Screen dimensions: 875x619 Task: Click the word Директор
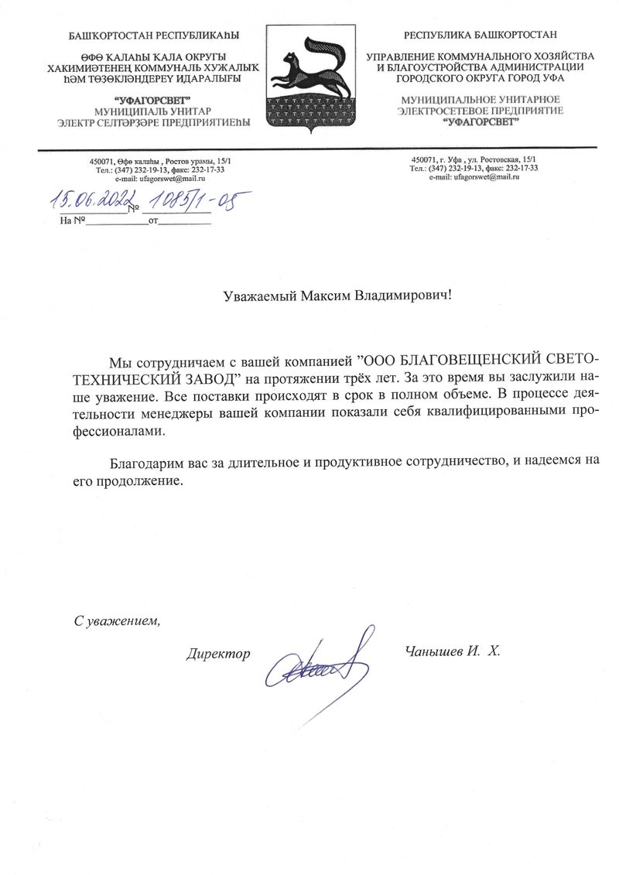[x=218, y=654]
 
